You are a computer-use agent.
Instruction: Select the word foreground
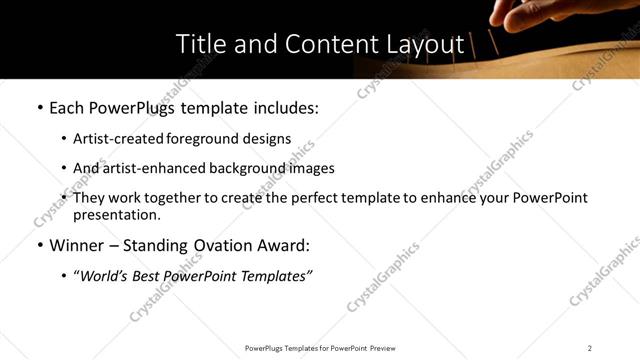click(208, 139)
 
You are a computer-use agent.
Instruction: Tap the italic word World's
click(105, 276)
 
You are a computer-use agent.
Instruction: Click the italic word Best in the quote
click(151, 276)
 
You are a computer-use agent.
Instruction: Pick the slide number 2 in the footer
click(590, 348)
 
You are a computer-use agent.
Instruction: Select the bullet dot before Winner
click(39, 245)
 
